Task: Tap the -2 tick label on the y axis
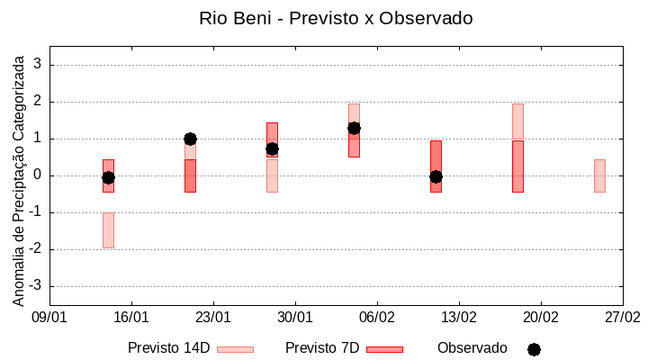point(36,249)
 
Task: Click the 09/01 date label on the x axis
point(49,317)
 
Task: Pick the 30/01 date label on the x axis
point(295,317)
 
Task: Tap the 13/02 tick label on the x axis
point(459,317)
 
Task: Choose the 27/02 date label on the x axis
point(623,317)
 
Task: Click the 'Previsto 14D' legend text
point(168,348)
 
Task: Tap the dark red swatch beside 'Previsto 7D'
point(384,349)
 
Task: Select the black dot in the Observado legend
point(534,349)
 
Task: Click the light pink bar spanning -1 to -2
point(108,230)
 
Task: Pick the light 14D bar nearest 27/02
point(599,175)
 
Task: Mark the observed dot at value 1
point(190,139)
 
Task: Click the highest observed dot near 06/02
point(354,128)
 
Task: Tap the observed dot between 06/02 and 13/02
point(436,176)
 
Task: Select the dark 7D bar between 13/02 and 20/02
point(517,166)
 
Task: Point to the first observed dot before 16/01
point(108,177)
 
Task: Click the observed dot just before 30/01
point(272,148)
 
